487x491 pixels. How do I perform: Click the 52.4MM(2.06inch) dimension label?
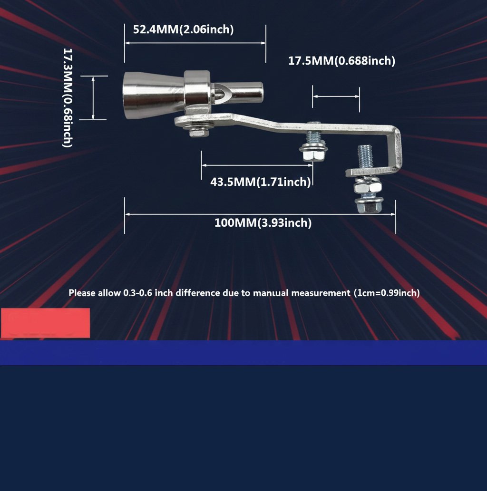183,29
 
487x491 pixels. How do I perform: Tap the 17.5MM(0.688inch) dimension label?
341,60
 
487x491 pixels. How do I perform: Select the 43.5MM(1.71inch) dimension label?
261,182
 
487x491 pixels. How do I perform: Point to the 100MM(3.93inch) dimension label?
263,222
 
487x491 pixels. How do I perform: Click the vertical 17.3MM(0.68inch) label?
68,98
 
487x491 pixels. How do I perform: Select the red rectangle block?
46,323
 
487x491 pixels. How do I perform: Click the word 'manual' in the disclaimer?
271,293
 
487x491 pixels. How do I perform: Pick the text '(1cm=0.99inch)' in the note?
387,293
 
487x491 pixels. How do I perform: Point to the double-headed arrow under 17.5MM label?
336,96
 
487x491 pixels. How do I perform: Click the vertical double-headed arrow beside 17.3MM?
93,98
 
